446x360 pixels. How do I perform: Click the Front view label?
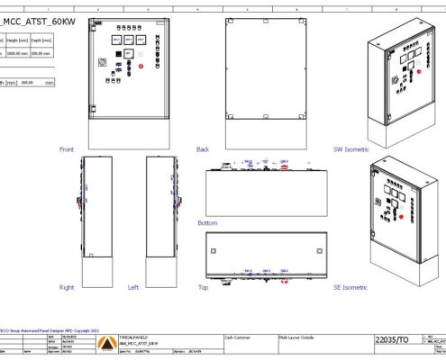(x=67, y=148)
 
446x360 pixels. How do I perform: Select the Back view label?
(x=203, y=148)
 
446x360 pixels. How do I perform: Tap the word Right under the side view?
(x=67, y=287)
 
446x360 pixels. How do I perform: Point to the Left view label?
(x=133, y=287)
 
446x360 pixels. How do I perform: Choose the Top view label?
(x=202, y=287)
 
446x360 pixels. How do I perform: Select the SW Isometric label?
(x=351, y=148)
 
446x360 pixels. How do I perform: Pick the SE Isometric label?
(x=350, y=287)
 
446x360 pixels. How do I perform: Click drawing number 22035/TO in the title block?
(x=393, y=340)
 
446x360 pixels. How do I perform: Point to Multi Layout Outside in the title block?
(x=296, y=333)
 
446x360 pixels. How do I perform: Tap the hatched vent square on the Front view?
(x=102, y=62)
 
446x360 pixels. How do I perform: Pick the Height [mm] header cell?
(x=20, y=40)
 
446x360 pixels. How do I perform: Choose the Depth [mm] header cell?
(x=41, y=40)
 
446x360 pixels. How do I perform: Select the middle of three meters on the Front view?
(x=129, y=40)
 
